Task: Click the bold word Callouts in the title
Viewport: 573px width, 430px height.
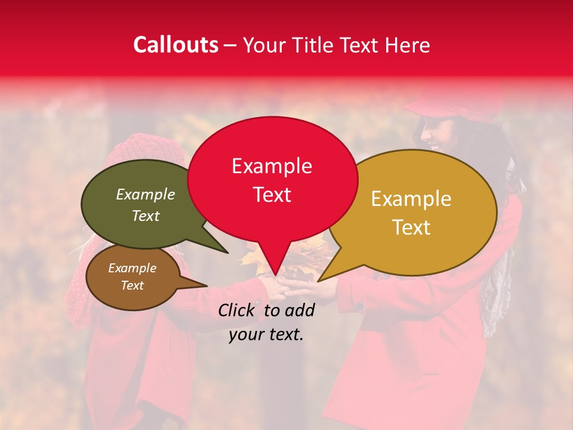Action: pos(175,45)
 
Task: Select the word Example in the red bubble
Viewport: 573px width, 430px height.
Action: pos(272,166)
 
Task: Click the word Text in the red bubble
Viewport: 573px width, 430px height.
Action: pos(272,195)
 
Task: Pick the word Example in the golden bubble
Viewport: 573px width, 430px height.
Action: pos(411,199)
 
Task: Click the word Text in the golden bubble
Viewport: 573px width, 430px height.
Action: pos(411,228)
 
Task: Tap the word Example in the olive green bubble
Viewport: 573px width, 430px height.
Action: pos(145,195)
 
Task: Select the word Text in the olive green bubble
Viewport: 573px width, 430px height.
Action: pos(145,216)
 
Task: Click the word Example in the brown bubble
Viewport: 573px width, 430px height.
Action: pos(132,268)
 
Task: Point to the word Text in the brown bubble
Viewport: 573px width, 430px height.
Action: pos(132,285)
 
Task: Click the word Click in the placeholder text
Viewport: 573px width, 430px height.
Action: pos(238,310)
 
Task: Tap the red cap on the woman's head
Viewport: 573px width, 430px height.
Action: pos(454,107)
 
